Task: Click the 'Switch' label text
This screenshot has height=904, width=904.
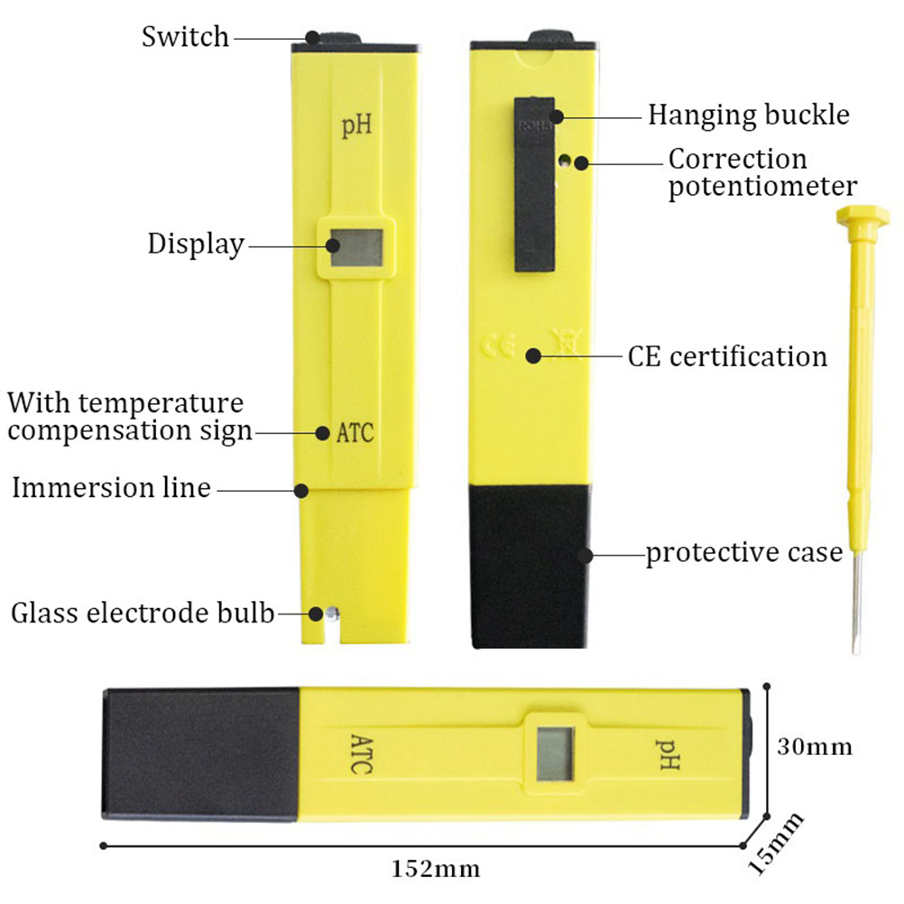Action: click(x=186, y=37)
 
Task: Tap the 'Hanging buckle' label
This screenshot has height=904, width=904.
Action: click(x=749, y=115)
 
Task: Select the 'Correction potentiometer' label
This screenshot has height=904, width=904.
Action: click(x=762, y=172)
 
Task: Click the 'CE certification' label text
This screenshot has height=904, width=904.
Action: click(x=727, y=356)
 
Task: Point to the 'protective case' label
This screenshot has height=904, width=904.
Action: click(x=743, y=552)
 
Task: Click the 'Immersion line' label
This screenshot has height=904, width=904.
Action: click(x=111, y=488)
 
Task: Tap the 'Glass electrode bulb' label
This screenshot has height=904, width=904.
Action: click(x=142, y=613)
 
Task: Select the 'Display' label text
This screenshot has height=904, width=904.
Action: click(x=196, y=244)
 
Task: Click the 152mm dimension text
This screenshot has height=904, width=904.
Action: click(x=436, y=870)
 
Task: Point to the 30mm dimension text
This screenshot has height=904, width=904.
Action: click(x=814, y=747)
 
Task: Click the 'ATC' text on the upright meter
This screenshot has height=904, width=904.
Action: click(x=355, y=432)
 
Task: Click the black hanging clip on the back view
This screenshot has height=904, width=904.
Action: click(x=536, y=185)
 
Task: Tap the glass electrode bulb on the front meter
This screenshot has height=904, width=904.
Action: click(x=332, y=613)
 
